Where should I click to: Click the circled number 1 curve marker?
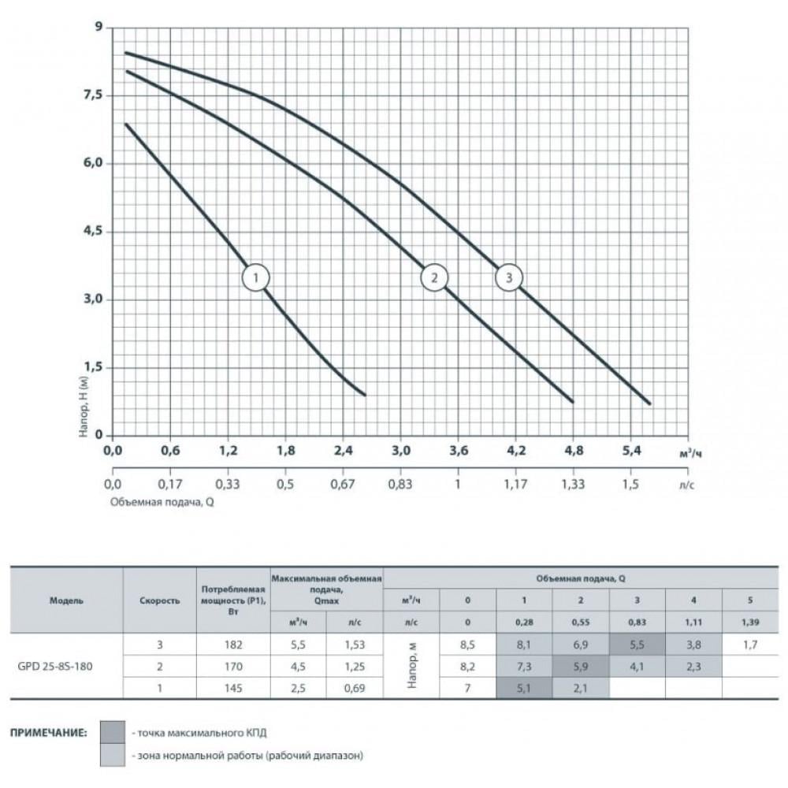click(256, 277)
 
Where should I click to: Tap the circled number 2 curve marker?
click(433, 277)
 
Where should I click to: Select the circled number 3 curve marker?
click(509, 277)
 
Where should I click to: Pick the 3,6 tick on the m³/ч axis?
click(458, 451)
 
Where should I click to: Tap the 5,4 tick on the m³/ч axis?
click(631, 451)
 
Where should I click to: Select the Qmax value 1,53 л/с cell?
click(355, 645)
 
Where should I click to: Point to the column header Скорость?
click(159, 600)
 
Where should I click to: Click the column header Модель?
click(66, 600)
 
